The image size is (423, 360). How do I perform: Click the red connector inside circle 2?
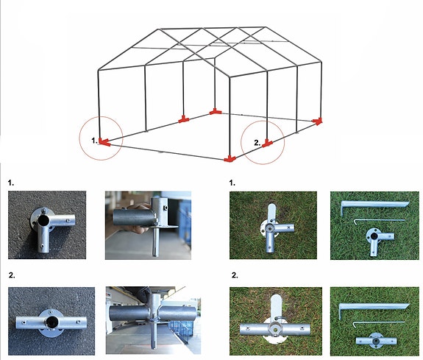(269, 144)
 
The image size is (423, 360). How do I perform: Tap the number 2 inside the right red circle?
(256, 142)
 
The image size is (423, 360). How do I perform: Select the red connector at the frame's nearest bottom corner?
(230, 158)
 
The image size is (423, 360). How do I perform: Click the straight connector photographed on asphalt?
(50, 321)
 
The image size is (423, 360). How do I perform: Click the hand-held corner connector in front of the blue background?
(143, 222)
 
